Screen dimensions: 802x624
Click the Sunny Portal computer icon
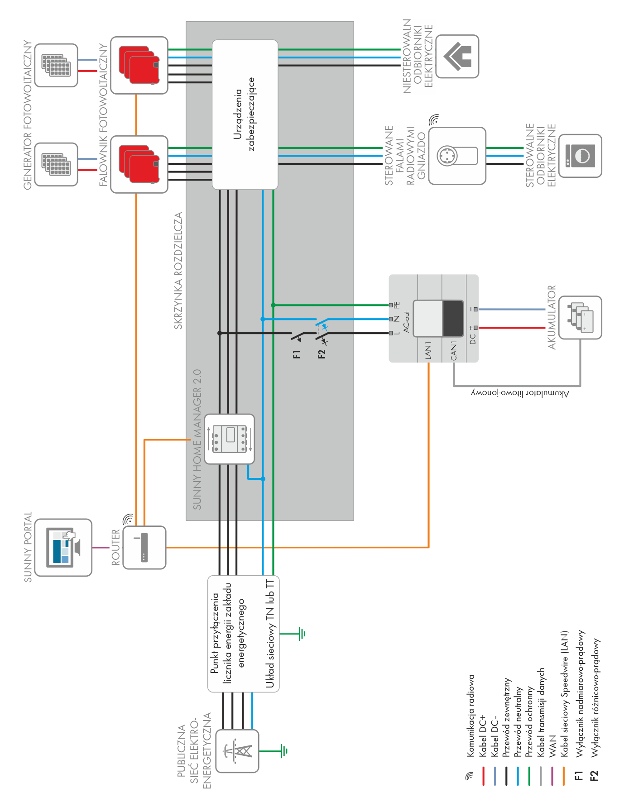pos(63,547)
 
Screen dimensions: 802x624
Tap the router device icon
pos(144,547)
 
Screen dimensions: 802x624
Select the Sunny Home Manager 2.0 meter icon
pos(229,439)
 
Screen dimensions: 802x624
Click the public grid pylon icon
pos(237,750)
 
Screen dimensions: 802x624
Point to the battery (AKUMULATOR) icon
pos(580,317)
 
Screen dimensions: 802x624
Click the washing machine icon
pos(580,156)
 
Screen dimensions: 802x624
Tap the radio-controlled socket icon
pos(457,156)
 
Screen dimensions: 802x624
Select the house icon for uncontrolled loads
pos(457,57)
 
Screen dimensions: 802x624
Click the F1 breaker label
pos(297,354)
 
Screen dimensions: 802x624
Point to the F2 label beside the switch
pos(322,354)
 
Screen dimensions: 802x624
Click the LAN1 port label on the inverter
pos(428,351)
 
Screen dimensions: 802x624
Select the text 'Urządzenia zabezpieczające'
pos(244,114)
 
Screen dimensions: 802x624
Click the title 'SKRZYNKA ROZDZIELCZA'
pos(178,271)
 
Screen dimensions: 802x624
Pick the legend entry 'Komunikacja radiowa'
pos(471,715)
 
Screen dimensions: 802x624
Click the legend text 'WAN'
pos(552,746)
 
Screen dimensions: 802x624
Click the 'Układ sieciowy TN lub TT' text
pos(270,634)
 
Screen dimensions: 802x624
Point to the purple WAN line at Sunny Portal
pos(101,548)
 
